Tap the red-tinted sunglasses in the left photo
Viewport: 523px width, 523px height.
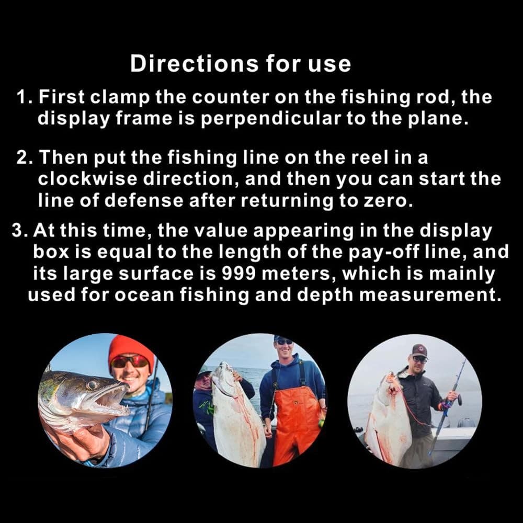point(130,362)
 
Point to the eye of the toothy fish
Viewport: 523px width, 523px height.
point(92,384)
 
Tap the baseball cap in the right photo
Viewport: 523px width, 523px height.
point(418,350)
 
